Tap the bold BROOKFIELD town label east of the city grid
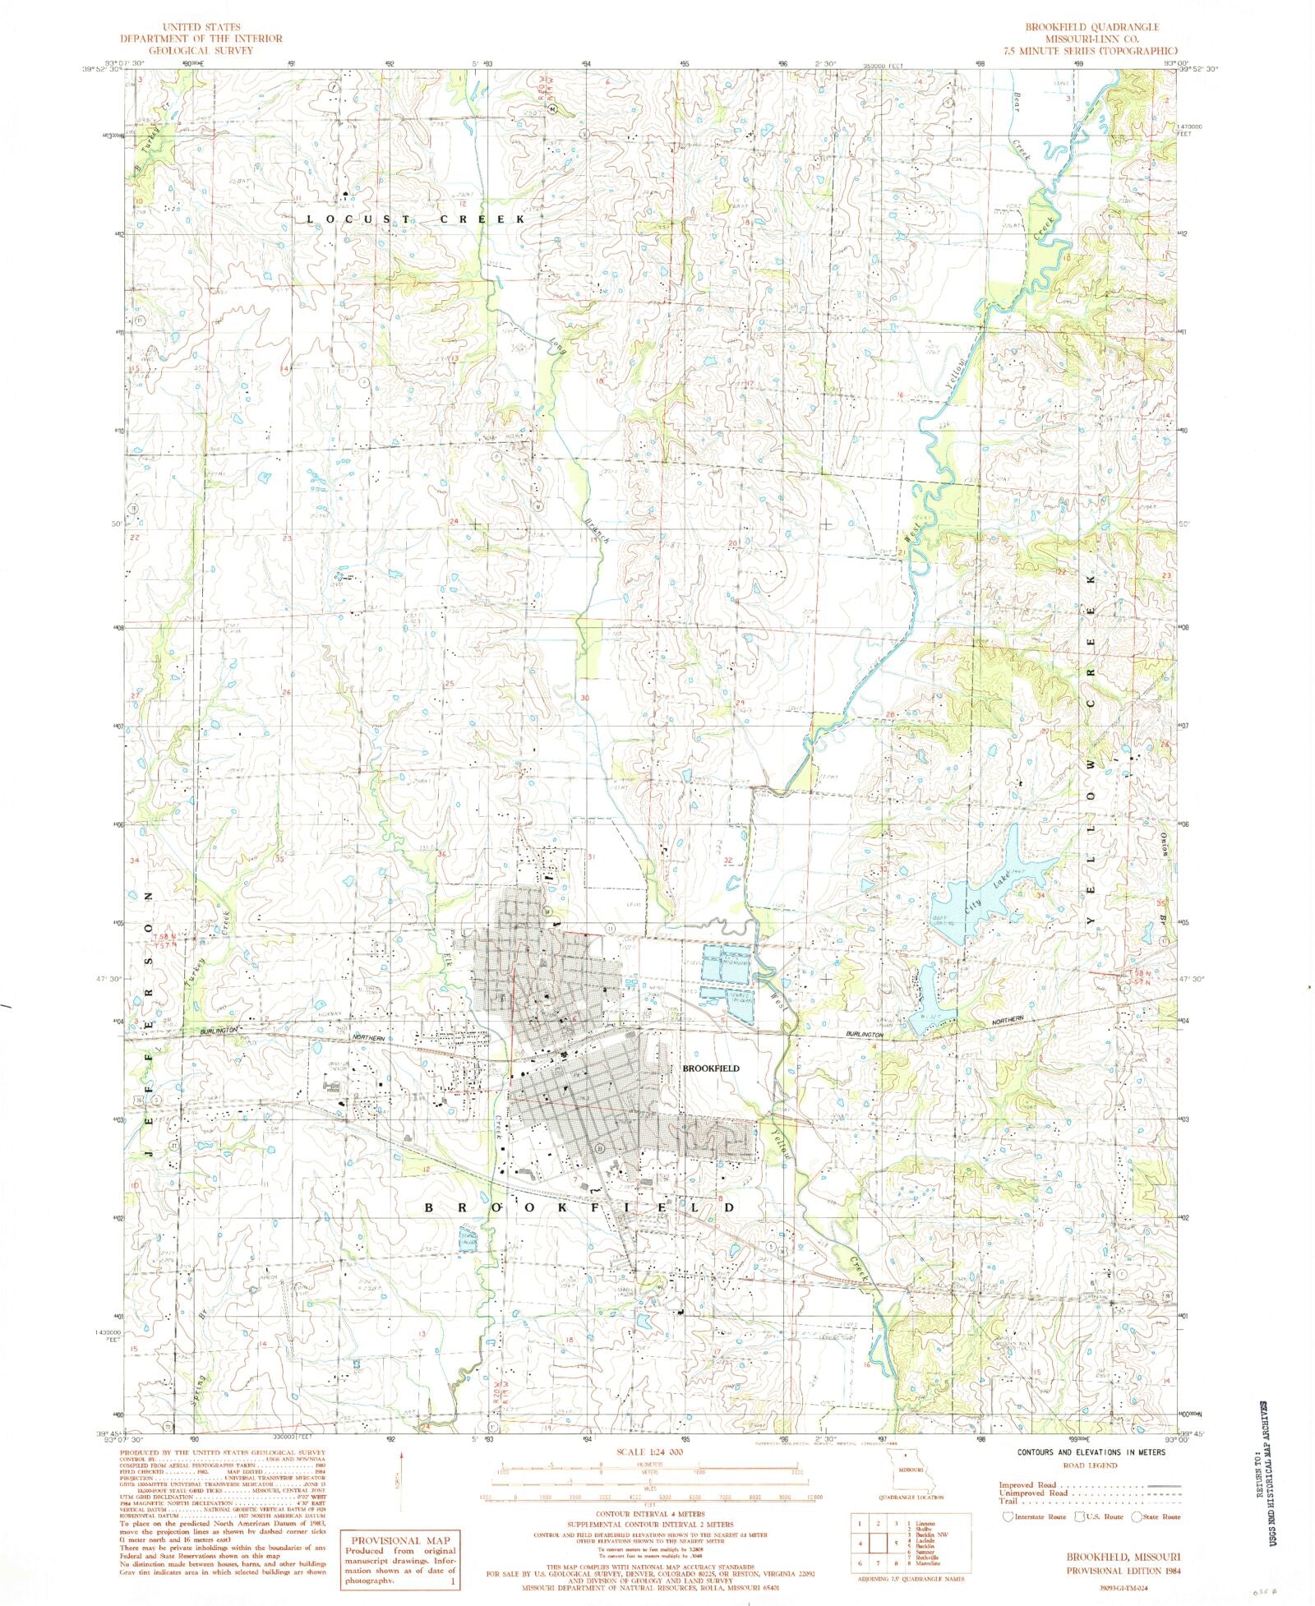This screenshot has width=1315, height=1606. click(x=711, y=1068)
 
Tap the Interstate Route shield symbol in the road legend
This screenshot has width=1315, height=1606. click(x=1008, y=1517)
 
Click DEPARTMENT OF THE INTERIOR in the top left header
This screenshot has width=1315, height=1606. click(x=201, y=39)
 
